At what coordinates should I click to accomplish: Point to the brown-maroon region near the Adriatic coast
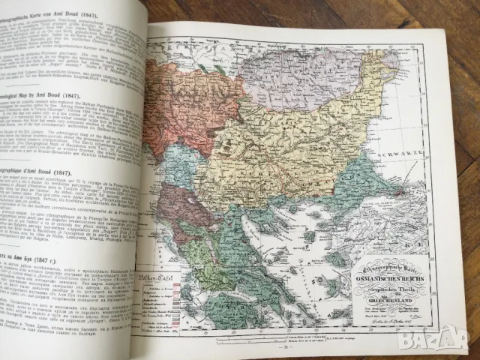click(184, 206)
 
